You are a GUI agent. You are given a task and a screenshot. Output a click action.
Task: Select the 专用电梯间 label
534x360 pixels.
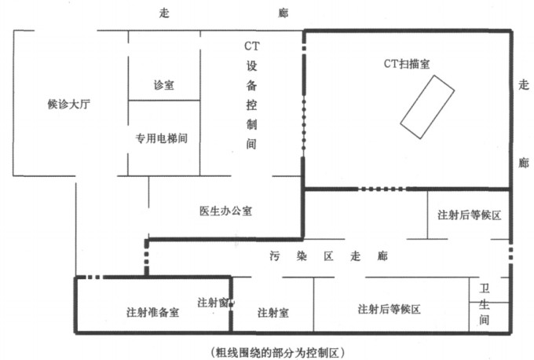(163, 138)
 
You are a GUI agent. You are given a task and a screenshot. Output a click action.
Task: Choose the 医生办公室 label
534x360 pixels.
(225, 210)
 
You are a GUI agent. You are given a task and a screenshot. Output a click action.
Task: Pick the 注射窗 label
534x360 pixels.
(212, 302)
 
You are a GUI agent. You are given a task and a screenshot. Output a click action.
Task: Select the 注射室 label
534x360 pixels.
(273, 312)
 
